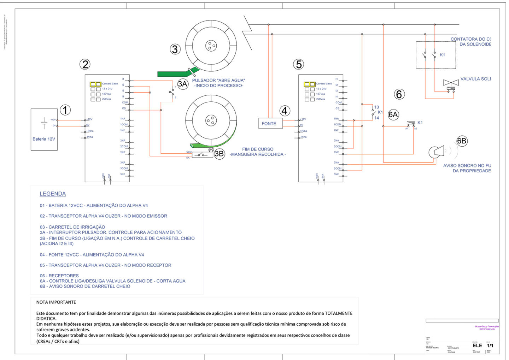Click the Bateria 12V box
pyautogui.click(x=44, y=129)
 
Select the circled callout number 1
pyautogui.click(x=65, y=110)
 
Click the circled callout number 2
pyautogui.click(x=85, y=64)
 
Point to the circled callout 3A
pyautogui.click(x=182, y=84)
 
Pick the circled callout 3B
pyautogui.click(x=219, y=154)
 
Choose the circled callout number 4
pyautogui.click(x=285, y=111)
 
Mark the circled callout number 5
pyautogui.click(x=299, y=64)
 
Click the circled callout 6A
pyautogui.click(x=393, y=114)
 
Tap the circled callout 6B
pyautogui.click(x=462, y=141)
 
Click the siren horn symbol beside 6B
pyautogui.click(x=437, y=152)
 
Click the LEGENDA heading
pyautogui.click(x=53, y=194)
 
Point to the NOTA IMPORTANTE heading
pyautogui.click(x=56, y=302)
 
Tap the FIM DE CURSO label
pyautogui.click(x=258, y=149)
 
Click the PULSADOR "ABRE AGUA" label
pyautogui.click(x=218, y=80)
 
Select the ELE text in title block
pyautogui.click(x=477, y=345)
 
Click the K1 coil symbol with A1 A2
pyautogui.click(x=411, y=123)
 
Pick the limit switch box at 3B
pyautogui.click(x=202, y=155)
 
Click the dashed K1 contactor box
pyautogui.click(x=435, y=55)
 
